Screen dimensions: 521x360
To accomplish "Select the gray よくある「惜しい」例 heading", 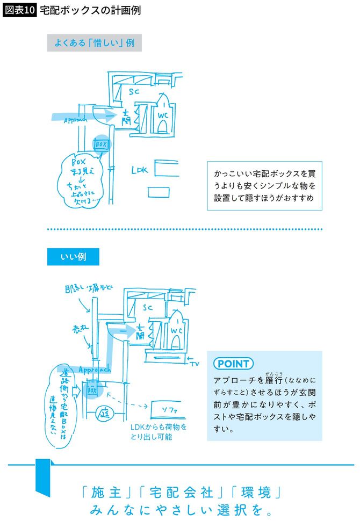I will pyautogui.click(x=94, y=43).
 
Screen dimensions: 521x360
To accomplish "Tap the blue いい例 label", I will pyautogui.click(x=73, y=257).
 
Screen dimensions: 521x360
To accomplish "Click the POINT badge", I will pyautogui.click(x=233, y=364).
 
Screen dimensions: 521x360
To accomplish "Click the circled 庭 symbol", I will pyautogui.click(x=103, y=415).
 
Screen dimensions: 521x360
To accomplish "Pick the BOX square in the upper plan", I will pyautogui.click(x=101, y=144).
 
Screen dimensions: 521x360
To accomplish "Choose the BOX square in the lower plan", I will pyautogui.click(x=91, y=391).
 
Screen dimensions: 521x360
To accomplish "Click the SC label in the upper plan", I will pyautogui.click(x=134, y=92).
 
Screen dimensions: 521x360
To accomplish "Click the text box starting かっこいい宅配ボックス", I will pyautogui.click(x=264, y=186).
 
